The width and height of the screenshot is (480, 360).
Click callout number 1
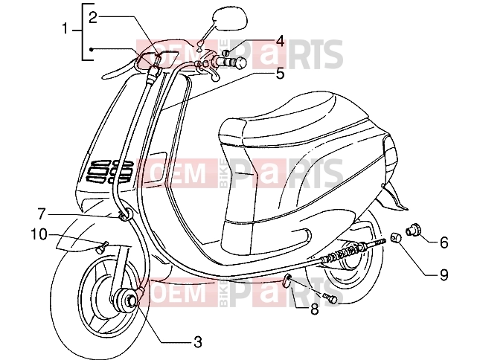point(65,29)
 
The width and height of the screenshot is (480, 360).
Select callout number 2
point(93,18)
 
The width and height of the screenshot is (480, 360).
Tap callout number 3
point(198,342)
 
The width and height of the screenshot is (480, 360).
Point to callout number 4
point(280,42)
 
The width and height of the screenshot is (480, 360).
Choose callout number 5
point(280,74)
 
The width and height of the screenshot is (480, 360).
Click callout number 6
point(444,242)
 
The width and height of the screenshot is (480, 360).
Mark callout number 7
point(42,213)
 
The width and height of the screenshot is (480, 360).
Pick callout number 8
point(314,309)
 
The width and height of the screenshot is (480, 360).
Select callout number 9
point(444,275)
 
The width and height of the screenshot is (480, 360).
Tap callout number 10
point(39,234)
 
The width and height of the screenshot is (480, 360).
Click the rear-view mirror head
point(231,19)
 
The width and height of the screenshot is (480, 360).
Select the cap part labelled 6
point(413,229)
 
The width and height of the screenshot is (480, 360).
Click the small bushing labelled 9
point(395,238)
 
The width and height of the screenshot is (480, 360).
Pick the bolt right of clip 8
point(330,298)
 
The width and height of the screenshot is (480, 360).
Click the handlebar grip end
point(240,62)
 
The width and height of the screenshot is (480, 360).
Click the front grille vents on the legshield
point(109,172)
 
